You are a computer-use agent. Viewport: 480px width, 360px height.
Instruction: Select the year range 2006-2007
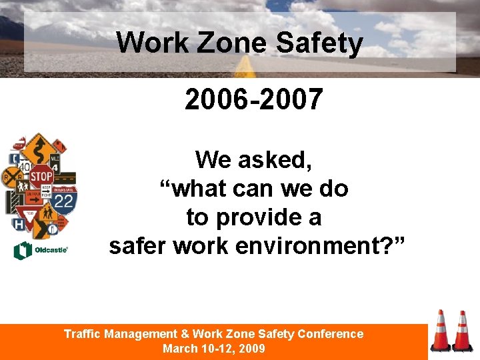tap(254, 100)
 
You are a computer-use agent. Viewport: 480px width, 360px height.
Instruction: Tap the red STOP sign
tap(41, 177)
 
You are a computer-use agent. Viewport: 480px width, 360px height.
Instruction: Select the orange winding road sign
tap(39, 147)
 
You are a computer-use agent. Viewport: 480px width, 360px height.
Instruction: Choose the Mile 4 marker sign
tap(55, 163)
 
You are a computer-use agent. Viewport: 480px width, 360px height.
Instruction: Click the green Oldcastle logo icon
tap(21, 251)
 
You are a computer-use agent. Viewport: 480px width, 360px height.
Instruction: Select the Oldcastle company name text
tap(51, 251)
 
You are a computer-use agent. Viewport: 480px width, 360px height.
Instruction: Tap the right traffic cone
tap(462, 331)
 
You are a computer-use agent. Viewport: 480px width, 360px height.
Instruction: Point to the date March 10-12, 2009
tap(213, 349)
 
